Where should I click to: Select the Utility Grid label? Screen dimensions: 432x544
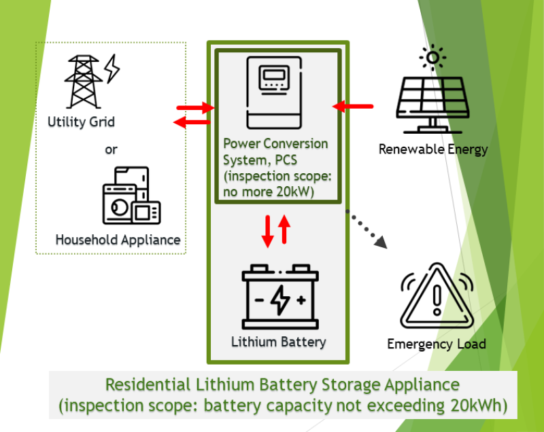point(81,122)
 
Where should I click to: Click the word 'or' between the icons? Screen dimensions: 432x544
point(111,149)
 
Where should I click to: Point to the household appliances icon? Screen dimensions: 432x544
point(131,196)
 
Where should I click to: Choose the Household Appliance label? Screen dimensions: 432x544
point(118,240)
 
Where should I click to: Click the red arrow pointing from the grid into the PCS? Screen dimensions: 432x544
point(194,107)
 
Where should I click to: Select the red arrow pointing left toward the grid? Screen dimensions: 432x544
point(192,122)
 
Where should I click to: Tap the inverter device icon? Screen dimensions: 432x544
point(276,94)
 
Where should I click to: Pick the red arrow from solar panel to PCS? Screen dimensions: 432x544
point(353,106)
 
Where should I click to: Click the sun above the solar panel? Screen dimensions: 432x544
point(432,58)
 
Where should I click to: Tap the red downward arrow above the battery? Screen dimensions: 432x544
point(268,230)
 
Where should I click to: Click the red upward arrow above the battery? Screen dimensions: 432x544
point(285,230)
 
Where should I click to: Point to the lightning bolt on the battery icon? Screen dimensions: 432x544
point(280,300)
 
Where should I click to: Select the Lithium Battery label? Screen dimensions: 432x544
point(279,342)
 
